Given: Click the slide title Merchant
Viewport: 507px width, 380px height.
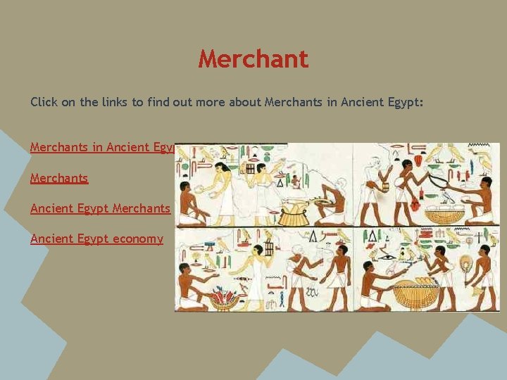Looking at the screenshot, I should point(254,59).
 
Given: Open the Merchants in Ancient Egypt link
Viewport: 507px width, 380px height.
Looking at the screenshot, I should point(101,147).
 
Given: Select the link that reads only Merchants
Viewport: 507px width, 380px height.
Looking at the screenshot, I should point(59,178).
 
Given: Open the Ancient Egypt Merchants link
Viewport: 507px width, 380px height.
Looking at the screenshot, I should point(100,208).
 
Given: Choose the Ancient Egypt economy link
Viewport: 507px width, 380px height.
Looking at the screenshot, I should point(96,239).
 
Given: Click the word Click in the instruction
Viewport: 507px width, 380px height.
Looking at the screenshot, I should point(44,102).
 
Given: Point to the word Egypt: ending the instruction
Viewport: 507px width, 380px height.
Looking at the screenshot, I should point(404,102).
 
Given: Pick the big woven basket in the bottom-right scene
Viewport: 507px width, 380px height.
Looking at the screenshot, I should point(416,291).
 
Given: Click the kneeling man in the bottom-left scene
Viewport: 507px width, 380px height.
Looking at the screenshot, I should point(191,285).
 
